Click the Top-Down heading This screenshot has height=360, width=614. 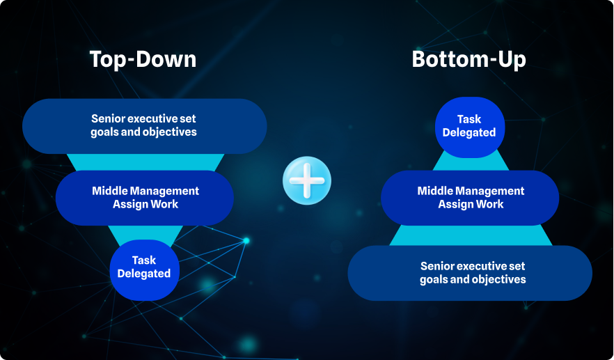[x=143, y=59]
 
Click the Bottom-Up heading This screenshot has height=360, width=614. [x=469, y=60]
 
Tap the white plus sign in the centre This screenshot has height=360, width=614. [x=307, y=180]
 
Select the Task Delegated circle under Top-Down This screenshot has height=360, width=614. [x=145, y=270]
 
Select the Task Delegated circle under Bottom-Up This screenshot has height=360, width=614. [x=470, y=127]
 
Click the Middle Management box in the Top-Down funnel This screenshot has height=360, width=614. [x=145, y=198]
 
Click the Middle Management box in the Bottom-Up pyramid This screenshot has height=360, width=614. [x=470, y=198]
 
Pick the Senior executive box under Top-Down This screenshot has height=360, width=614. [x=145, y=126]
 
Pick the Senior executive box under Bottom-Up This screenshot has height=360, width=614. [x=470, y=273]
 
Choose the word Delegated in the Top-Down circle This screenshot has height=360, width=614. [x=144, y=274]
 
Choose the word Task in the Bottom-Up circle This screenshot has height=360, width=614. [x=469, y=119]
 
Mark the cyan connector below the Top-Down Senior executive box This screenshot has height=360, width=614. [x=145, y=162]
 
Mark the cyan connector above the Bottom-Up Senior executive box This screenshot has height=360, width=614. [x=471, y=235]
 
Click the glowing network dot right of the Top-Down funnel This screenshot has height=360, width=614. [x=246, y=240]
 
